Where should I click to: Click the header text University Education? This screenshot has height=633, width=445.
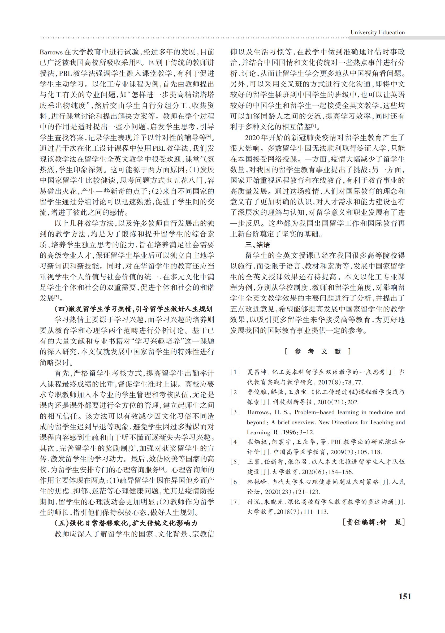coord(377,32)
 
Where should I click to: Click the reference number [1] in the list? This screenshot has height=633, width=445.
coord(235,372)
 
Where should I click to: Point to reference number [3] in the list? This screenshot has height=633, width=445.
coord(235,412)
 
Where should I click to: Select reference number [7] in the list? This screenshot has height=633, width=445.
coord(235,502)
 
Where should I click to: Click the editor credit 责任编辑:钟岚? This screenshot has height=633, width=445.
coord(374,522)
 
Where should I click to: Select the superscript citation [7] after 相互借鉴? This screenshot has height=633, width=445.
coord(314,126)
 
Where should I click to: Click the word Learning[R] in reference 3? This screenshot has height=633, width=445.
coord(259,432)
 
